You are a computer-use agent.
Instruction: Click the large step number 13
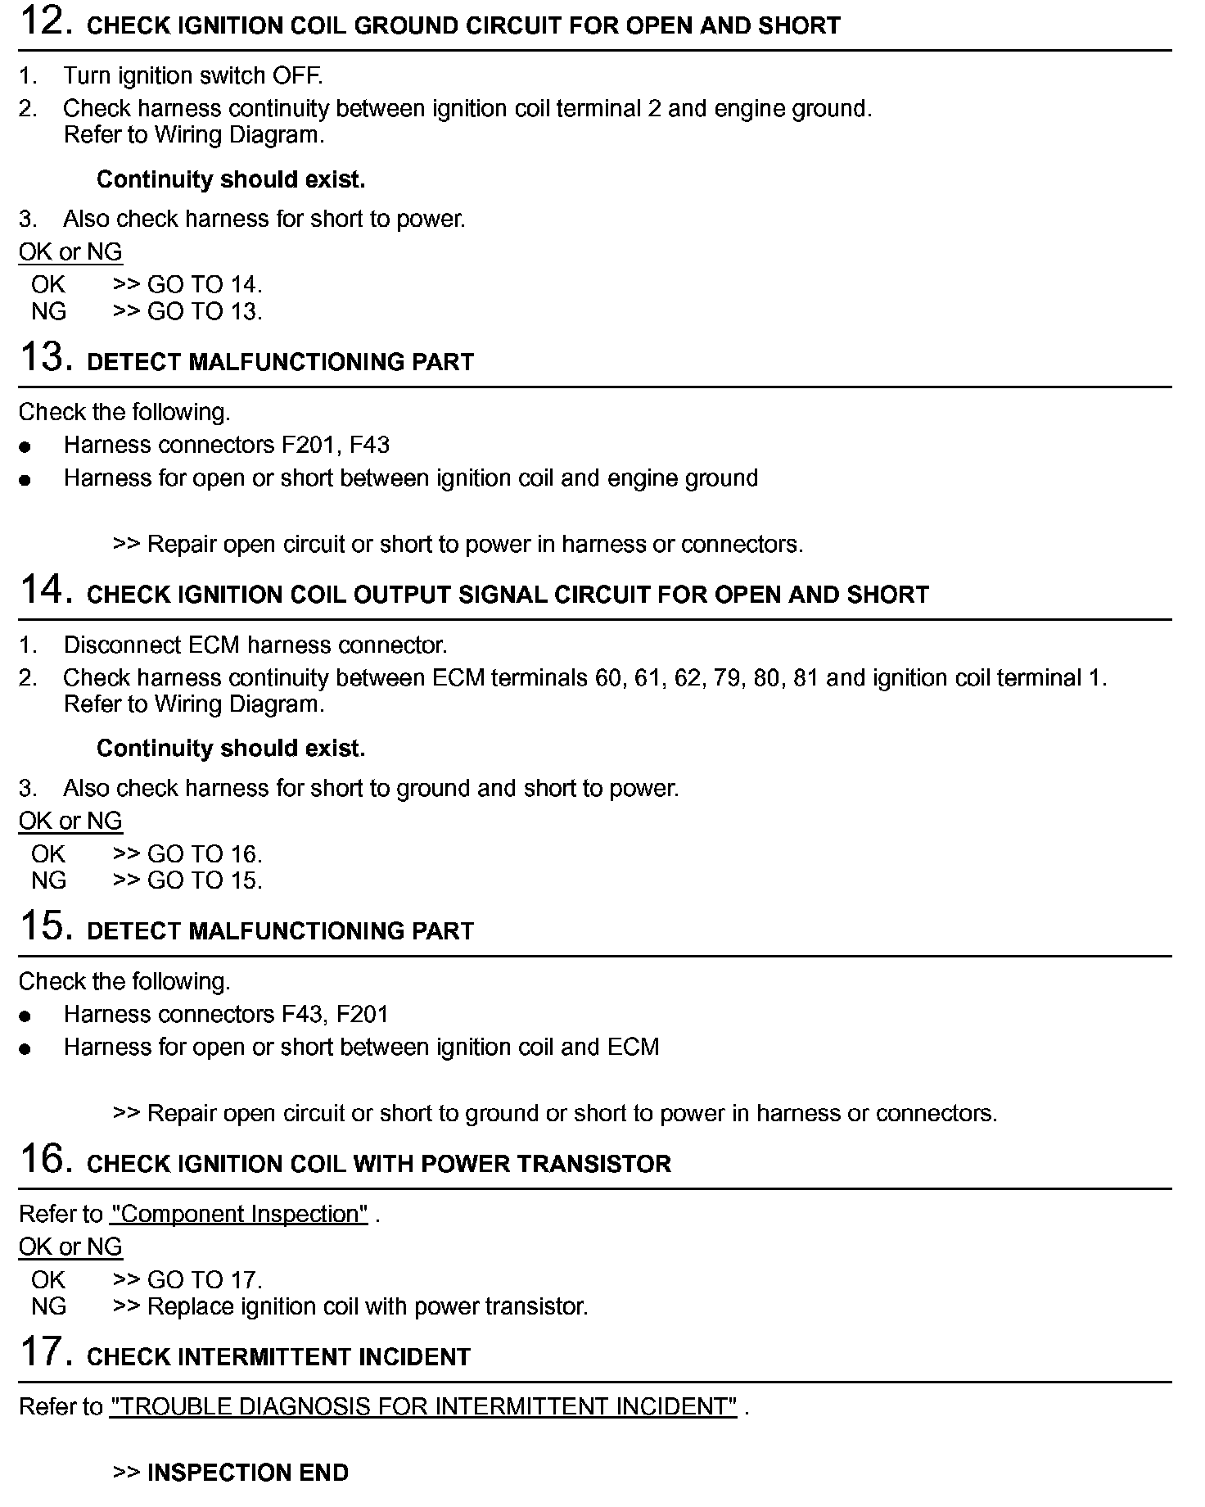41,358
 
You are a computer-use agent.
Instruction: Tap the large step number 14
41,591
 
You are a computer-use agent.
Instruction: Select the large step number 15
41,927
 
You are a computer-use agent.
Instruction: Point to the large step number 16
41,1160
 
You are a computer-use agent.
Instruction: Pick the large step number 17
41,1353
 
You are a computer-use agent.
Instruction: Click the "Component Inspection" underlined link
239,1214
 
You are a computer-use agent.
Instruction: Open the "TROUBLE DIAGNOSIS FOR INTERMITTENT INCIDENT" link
423,1406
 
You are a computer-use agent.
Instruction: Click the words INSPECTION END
247,1473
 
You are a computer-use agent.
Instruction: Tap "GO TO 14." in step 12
205,285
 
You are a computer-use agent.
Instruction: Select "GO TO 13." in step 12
205,311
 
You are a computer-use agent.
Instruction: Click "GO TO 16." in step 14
205,854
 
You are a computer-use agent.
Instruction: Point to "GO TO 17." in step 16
205,1279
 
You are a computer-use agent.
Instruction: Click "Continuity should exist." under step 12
231,179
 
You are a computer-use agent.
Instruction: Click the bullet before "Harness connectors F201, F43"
25,447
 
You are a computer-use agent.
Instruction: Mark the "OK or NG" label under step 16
70,1247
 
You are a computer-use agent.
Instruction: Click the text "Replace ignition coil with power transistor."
368,1306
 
